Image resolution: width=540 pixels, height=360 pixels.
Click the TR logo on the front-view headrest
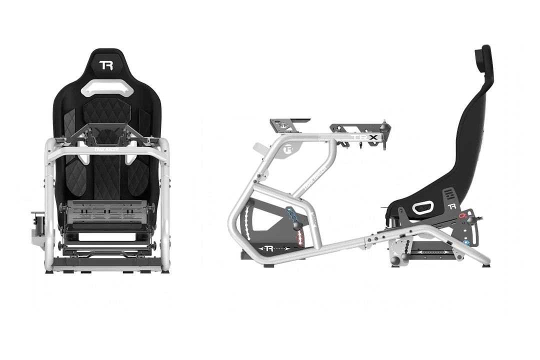click(106, 65)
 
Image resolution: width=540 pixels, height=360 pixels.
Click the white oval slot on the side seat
click(423, 207)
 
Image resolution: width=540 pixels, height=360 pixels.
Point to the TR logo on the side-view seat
click(452, 206)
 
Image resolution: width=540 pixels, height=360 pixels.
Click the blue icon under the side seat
click(466, 243)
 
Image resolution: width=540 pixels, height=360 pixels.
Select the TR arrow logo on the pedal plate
click(268, 248)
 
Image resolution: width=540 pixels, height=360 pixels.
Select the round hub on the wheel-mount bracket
click(286, 148)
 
